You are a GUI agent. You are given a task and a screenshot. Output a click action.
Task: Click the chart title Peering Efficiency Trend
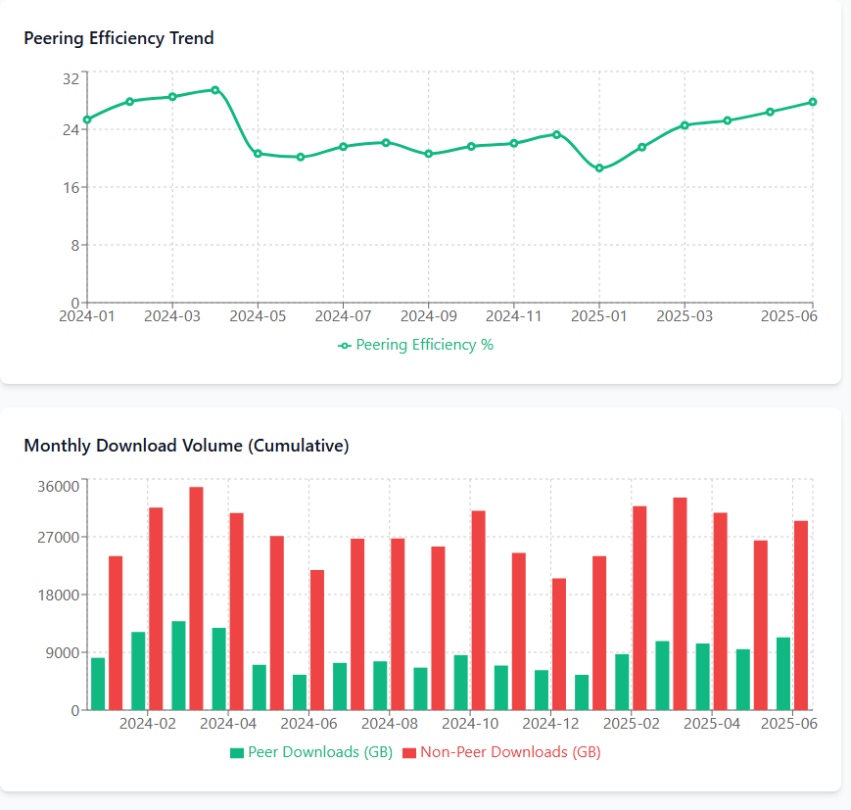pyautogui.click(x=118, y=38)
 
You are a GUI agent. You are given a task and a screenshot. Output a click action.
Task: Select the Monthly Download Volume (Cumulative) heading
pyautogui.click(x=186, y=446)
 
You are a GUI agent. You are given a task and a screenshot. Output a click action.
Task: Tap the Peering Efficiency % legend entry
pyautogui.click(x=416, y=345)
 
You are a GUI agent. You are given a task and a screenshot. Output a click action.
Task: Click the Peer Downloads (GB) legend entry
pyautogui.click(x=311, y=752)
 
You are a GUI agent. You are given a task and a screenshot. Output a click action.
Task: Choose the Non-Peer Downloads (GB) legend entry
pyautogui.click(x=501, y=752)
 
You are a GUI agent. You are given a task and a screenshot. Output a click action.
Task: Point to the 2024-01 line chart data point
pyautogui.click(x=87, y=119)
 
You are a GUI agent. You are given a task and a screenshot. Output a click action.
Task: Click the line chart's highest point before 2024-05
pyautogui.click(x=214, y=90)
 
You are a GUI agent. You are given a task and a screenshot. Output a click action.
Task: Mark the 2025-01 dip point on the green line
pyautogui.click(x=599, y=168)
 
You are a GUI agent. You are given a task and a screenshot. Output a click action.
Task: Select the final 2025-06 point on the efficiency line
pyautogui.click(x=813, y=102)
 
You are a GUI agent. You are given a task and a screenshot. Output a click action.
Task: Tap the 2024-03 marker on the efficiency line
pyautogui.click(x=172, y=97)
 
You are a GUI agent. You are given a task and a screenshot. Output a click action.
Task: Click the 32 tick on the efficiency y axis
pyautogui.click(x=71, y=78)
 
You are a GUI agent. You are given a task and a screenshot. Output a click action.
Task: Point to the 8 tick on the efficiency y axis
pyautogui.click(x=73, y=245)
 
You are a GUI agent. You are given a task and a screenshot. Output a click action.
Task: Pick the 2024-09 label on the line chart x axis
pyautogui.click(x=428, y=316)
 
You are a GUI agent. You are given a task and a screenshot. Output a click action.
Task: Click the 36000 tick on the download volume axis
pyautogui.click(x=58, y=486)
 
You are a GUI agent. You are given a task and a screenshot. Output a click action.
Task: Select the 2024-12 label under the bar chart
pyautogui.click(x=549, y=724)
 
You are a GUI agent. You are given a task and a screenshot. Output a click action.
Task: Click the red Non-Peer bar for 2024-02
pyautogui.click(x=156, y=608)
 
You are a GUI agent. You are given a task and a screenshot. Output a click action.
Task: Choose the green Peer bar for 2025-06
pyautogui.click(x=783, y=674)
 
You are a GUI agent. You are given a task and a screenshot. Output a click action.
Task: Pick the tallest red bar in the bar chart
pyautogui.click(x=196, y=598)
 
